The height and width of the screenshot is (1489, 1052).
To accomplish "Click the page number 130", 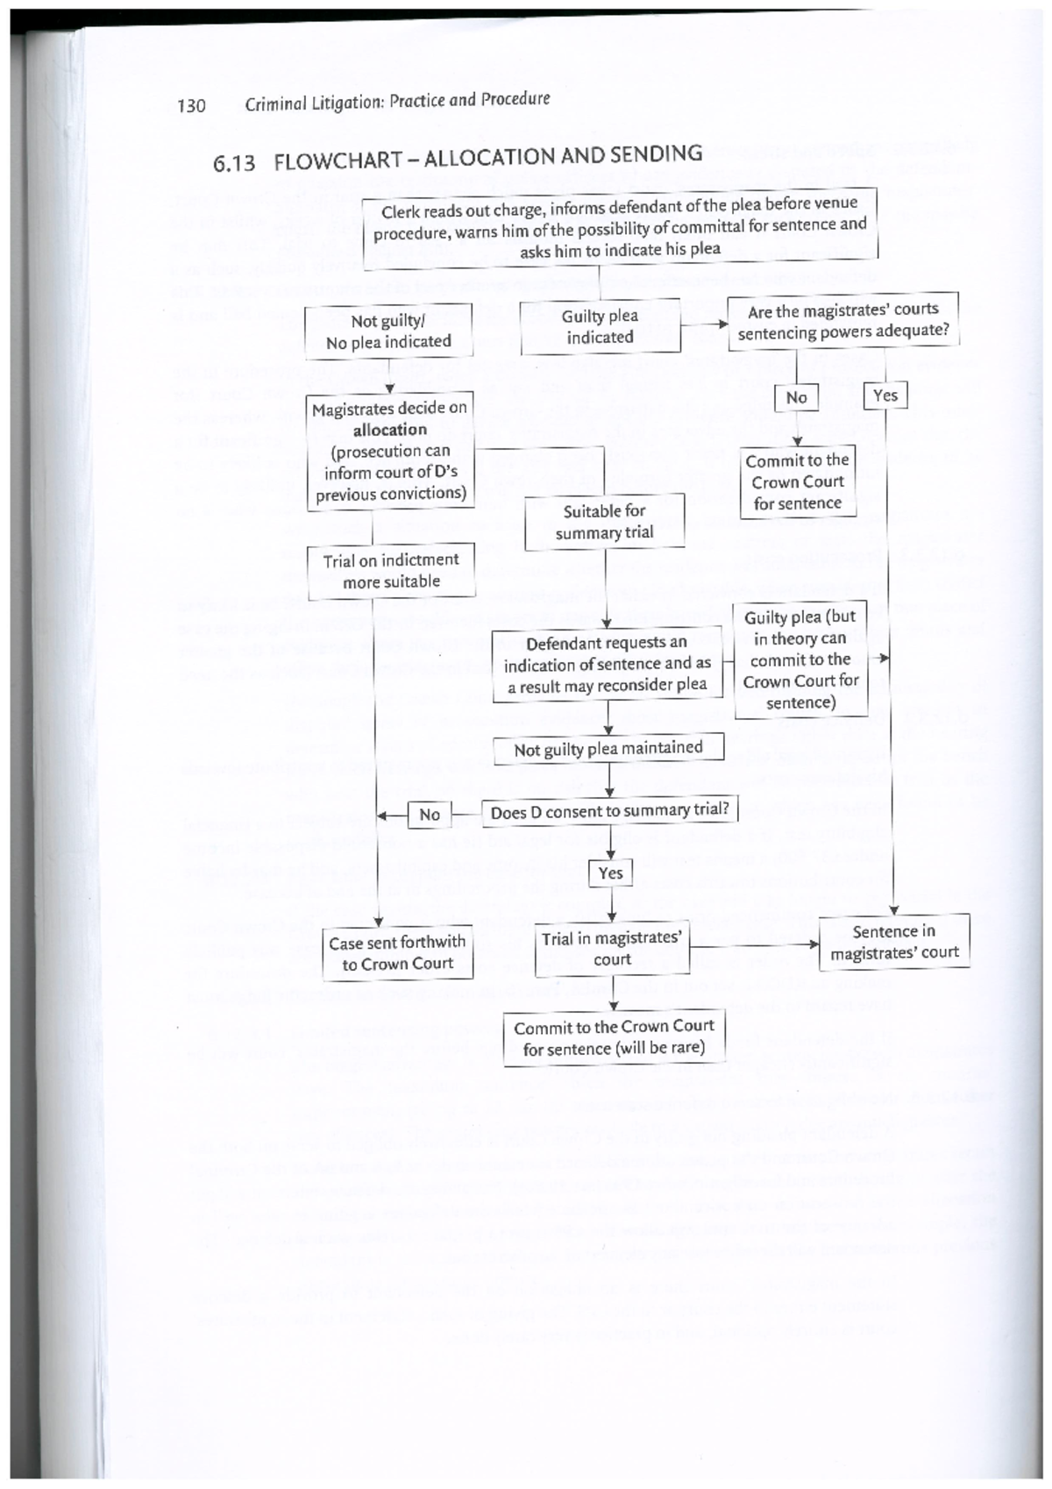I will click(191, 106).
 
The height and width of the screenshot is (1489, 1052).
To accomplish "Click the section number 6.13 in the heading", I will click(234, 163).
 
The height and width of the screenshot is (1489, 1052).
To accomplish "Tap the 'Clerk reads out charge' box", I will click(620, 228).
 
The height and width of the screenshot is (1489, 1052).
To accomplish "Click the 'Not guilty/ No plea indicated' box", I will click(388, 331).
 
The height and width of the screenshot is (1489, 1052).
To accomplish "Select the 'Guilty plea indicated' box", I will click(600, 326).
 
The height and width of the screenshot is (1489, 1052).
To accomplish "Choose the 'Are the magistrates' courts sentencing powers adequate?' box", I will click(842, 321).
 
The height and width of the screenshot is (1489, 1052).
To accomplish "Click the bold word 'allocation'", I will click(390, 430).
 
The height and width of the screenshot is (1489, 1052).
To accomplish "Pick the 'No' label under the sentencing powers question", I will click(796, 397).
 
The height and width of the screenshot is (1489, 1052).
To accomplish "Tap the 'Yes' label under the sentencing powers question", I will click(885, 395).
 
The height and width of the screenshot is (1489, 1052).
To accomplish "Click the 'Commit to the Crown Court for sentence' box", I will click(797, 481).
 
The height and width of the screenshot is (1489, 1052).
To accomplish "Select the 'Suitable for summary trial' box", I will click(604, 522).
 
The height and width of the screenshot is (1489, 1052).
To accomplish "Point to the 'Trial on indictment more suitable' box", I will click(391, 571).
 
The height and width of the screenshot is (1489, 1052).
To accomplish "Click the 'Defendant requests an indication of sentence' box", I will click(607, 664).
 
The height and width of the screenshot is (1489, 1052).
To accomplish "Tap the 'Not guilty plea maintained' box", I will click(608, 749).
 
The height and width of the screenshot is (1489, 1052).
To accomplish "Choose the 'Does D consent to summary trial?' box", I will click(609, 811).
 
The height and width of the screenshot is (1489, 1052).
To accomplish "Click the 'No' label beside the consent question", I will click(430, 815).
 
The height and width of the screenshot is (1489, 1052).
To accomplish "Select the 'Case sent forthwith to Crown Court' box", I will click(397, 952).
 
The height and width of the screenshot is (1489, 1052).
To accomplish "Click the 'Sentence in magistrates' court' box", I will click(894, 942).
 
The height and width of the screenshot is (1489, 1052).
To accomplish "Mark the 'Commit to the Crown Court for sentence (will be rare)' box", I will click(614, 1037).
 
